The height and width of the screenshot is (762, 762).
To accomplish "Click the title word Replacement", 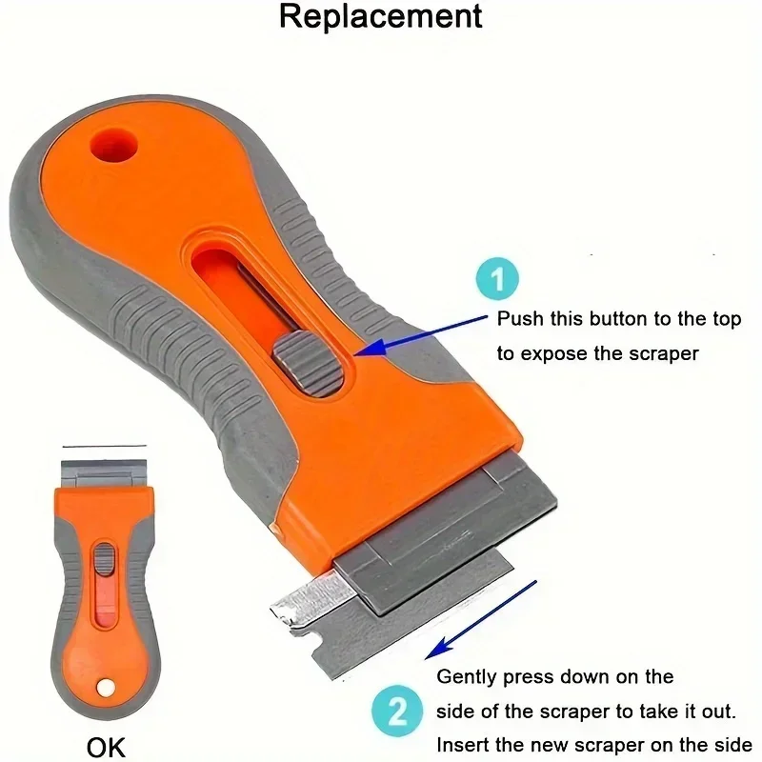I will [380, 17].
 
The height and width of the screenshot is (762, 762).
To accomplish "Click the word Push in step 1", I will [520, 319].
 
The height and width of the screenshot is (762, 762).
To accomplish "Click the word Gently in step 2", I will [466, 677].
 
